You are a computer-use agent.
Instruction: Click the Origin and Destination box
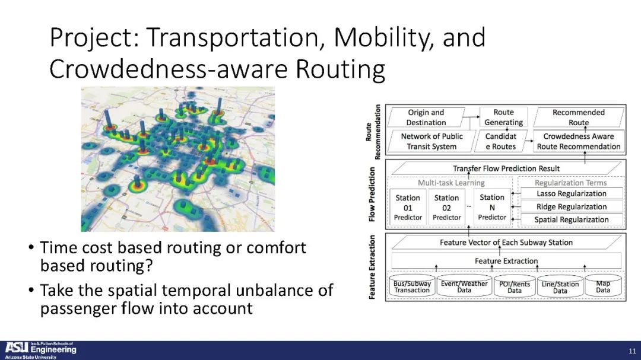pyautogui.click(x=426, y=117)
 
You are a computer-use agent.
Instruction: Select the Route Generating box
pyautogui.click(x=503, y=117)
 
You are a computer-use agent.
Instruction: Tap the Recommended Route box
pyautogui.click(x=579, y=117)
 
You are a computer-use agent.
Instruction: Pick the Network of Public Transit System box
pyautogui.click(x=431, y=141)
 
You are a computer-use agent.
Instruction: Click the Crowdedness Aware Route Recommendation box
pyautogui.click(x=579, y=141)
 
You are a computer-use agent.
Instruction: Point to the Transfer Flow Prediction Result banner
pyautogui.click(x=506, y=168)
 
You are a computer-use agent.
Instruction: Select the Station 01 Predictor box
pyautogui.click(x=408, y=207)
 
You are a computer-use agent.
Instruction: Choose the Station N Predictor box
pyautogui.click(x=492, y=207)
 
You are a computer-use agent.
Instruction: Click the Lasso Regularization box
pyautogui.click(x=572, y=194)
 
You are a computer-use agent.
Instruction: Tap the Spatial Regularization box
pyautogui.click(x=572, y=219)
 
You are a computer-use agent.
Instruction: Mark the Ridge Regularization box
pyautogui.click(x=572, y=207)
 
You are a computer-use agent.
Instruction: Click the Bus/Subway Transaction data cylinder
pyautogui.click(x=412, y=286)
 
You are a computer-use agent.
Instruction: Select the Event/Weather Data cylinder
pyautogui.click(x=464, y=286)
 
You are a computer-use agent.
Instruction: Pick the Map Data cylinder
pyautogui.click(x=603, y=286)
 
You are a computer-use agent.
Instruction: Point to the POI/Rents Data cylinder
pyautogui.click(x=515, y=286)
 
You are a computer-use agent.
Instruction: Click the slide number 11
pyautogui.click(x=633, y=351)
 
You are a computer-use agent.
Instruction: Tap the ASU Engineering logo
pyautogui.click(x=40, y=350)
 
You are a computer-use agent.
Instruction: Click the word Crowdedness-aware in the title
pyautogui.click(x=168, y=69)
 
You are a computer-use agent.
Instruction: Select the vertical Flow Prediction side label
pyautogui.click(x=372, y=195)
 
